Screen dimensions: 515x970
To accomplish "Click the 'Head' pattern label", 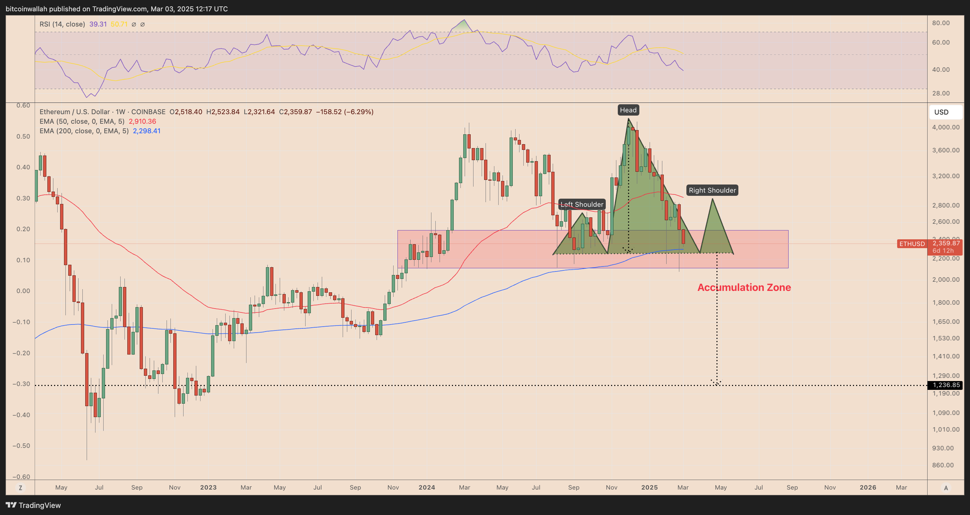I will pos(628,110).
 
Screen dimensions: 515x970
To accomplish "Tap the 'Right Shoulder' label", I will pos(712,190).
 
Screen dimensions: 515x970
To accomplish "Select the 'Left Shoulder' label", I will pos(582,204).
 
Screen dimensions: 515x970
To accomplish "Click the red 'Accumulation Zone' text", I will pos(744,287).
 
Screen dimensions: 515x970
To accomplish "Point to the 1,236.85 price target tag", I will pos(946,385).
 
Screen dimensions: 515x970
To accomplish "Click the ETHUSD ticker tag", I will pos(912,244).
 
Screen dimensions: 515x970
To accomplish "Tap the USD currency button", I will pos(941,112).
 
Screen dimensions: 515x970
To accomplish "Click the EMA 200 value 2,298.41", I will pos(146,131).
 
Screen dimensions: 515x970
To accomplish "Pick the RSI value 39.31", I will pos(98,24).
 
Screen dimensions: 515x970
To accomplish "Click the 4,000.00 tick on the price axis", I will pos(946,127).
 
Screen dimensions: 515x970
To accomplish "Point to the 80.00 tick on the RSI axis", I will pos(940,23).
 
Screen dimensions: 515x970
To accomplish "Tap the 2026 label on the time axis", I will pos(867,487).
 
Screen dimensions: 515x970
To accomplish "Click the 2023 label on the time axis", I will pos(208,487).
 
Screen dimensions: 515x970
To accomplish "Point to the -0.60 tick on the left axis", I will pos(21,476).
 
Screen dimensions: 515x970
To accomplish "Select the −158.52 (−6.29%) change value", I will pos(344,112).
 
